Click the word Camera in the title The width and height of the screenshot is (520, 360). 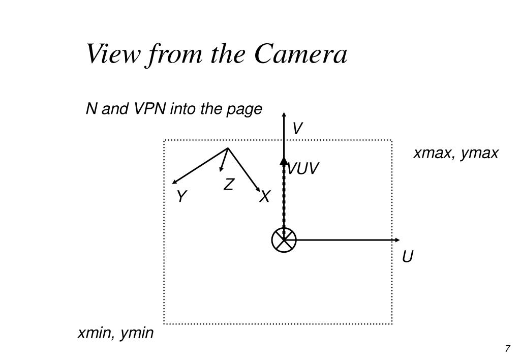coord(301,54)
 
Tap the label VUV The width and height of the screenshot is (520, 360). coord(303,169)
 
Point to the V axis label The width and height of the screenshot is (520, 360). coord(297,129)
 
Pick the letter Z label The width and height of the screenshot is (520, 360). coord(229,185)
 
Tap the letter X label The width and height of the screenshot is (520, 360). coord(264,197)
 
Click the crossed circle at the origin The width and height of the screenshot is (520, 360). coord(284,240)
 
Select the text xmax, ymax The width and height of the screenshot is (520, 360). coord(456,153)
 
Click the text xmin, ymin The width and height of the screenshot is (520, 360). coord(115,333)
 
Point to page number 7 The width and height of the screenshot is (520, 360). coord(507,349)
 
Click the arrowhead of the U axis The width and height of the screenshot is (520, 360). coord(397,240)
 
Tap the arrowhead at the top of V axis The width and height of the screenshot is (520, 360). coord(284,114)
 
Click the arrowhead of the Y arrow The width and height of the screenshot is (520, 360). coord(175,182)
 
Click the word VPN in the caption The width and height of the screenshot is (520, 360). coord(151,109)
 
